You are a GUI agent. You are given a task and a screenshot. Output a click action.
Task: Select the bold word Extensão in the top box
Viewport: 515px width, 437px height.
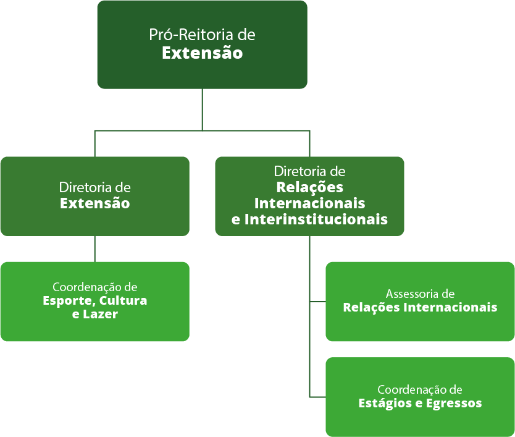(x=202, y=53)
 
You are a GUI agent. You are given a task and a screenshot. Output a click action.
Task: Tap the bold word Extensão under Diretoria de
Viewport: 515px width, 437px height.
(x=94, y=203)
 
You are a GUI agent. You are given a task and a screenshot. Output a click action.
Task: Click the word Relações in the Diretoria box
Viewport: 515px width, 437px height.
(x=309, y=187)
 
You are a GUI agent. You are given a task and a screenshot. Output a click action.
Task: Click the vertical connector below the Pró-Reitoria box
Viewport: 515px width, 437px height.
(x=203, y=109)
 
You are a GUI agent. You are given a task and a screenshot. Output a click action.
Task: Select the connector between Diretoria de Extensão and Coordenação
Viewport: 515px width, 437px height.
(x=94, y=248)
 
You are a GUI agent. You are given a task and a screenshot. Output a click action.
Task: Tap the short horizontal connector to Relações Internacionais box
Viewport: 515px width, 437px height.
(x=317, y=302)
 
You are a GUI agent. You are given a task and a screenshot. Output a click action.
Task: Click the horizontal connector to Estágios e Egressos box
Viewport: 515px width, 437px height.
(x=317, y=397)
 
